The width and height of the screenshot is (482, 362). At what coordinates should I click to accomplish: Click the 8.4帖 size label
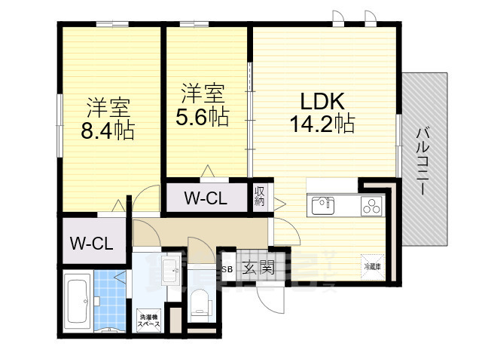[x=108, y=130]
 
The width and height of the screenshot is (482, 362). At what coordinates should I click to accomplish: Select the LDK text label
[x=322, y=101]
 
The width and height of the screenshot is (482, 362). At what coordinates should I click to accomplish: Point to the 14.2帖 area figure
[x=322, y=124]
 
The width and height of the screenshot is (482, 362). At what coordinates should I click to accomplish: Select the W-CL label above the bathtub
[x=91, y=244]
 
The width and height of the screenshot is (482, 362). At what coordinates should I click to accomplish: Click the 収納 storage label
[x=260, y=196]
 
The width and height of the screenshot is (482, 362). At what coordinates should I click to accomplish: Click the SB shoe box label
[x=227, y=268]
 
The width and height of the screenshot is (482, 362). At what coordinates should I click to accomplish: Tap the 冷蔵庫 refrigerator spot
[x=373, y=265]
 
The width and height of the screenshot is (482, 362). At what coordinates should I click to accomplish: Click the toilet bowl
[x=200, y=302]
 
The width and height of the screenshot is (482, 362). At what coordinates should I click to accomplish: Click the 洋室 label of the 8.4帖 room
[x=108, y=106]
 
